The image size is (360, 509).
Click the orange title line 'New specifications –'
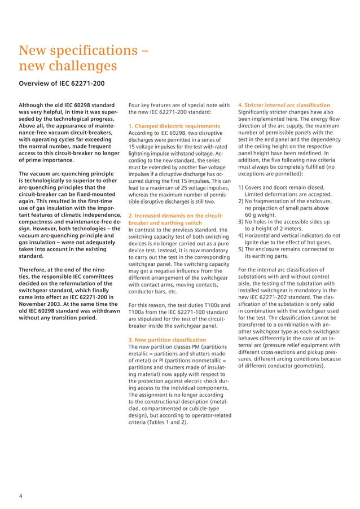click(x=84, y=52)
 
